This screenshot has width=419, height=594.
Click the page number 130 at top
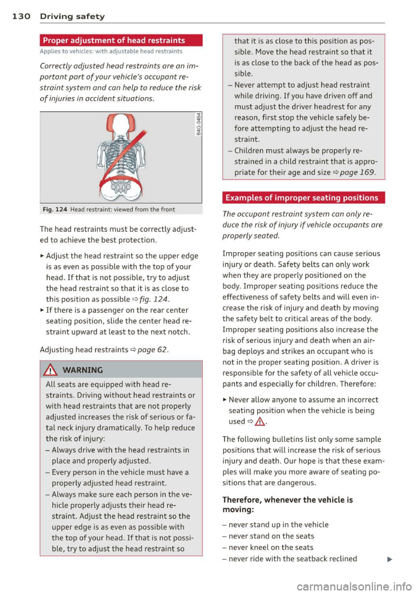coord(21,17)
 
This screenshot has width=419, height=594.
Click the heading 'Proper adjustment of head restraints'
coord(114,41)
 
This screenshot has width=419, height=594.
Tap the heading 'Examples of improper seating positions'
coord(302,198)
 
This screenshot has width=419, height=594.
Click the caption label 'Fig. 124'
coord(55,209)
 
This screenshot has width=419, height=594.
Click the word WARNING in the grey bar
coord(83,370)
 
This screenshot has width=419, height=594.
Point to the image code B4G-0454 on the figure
coord(199,124)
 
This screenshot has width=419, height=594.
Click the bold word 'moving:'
coord(238,509)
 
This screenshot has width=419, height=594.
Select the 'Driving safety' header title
coord(72,17)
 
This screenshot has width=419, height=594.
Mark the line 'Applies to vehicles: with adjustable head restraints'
coord(111,52)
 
